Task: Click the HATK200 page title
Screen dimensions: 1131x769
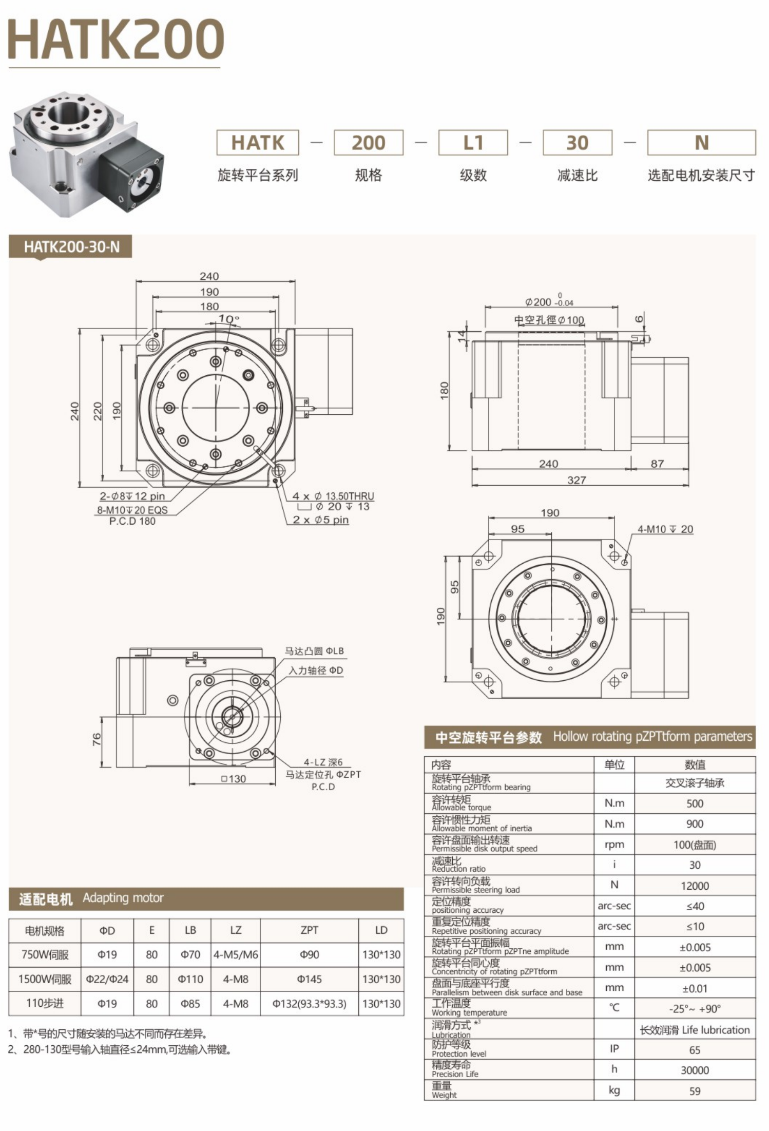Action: coord(116,40)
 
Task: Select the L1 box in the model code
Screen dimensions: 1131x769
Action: coord(473,143)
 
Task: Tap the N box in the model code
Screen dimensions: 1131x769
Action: coord(701,143)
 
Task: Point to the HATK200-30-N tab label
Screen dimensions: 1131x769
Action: coord(71,247)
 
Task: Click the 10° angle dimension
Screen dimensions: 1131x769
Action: coord(228,319)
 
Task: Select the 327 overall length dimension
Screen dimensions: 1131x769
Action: coord(576,480)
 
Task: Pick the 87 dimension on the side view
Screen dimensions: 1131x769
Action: coord(657,464)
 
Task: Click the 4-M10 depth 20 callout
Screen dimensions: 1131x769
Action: coord(665,529)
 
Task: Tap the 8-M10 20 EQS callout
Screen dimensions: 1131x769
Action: coord(132,510)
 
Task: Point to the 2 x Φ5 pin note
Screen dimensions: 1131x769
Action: coord(320,520)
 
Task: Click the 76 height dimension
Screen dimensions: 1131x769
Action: coord(97,739)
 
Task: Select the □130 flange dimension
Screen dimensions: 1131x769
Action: coord(234,779)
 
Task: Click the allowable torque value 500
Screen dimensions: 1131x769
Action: coord(695,803)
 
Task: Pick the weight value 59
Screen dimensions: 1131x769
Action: coord(695,1091)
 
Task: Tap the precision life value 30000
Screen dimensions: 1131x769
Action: coord(695,1070)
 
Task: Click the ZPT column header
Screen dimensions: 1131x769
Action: coord(309,930)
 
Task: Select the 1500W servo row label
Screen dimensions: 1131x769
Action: coord(45,979)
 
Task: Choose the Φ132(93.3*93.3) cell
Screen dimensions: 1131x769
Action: coord(309,1004)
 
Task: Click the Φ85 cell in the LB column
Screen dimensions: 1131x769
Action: coord(190,1004)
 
